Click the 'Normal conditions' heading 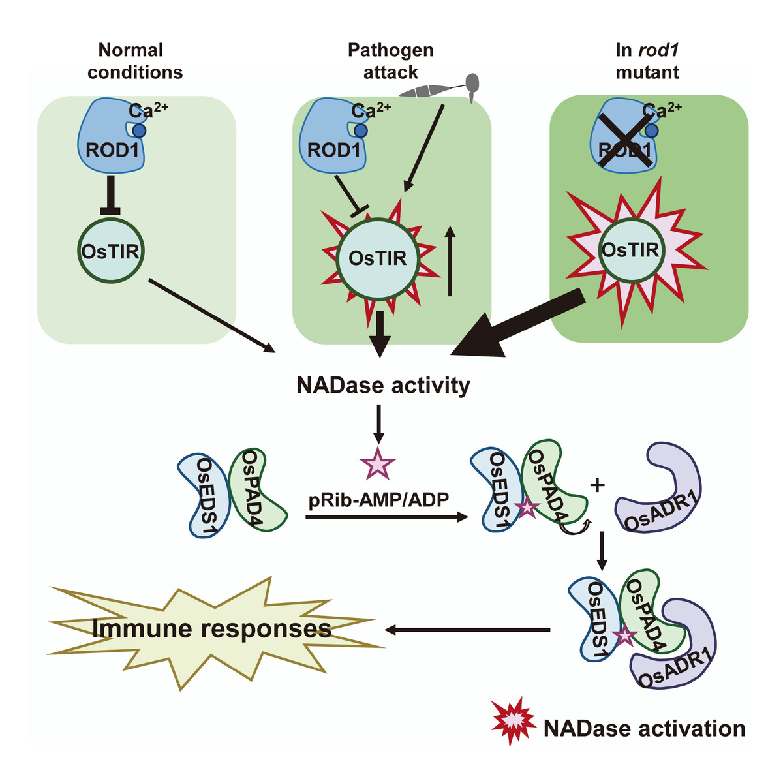click(x=135, y=61)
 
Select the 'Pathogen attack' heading click(x=390, y=61)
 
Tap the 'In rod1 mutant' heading click(x=647, y=61)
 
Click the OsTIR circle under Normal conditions click(x=112, y=251)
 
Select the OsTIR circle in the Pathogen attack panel click(x=378, y=258)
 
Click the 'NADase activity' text click(x=383, y=385)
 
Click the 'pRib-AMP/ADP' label click(x=379, y=500)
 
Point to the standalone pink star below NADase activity click(x=378, y=464)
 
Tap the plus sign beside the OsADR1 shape click(x=596, y=485)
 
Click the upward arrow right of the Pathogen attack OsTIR click(x=450, y=261)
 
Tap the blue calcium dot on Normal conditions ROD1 click(x=138, y=130)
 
